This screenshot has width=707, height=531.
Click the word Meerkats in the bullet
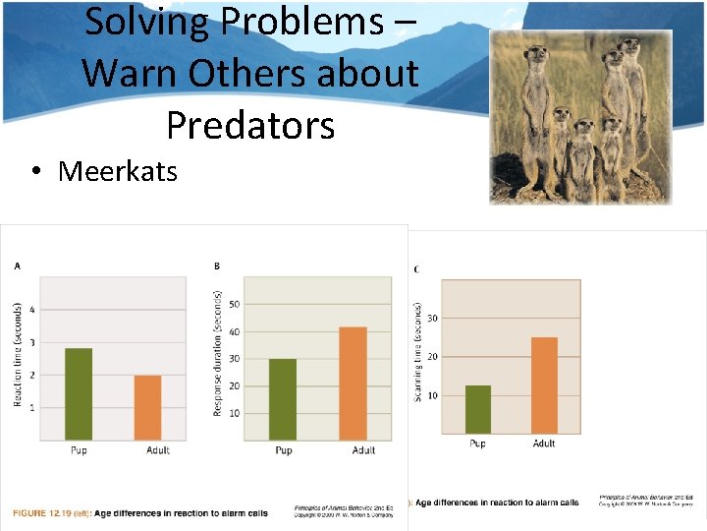click(x=117, y=171)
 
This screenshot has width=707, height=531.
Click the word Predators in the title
click(x=250, y=125)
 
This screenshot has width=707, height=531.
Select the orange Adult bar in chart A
click(x=147, y=408)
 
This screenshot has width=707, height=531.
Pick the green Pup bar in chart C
click(x=478, y=409)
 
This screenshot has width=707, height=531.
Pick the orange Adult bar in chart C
click(x=544, y=384)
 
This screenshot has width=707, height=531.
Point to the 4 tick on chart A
click(x=32, y=310)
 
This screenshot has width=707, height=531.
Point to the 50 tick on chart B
click(x=234, y=304)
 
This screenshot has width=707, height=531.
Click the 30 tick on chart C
click(x=432, y=318)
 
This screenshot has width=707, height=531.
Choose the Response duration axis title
click(x=217, y=353)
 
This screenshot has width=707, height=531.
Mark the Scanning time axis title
click(x=418, y=351)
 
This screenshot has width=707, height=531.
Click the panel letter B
click(x=216, y=265)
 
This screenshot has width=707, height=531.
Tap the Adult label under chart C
click(x=544, y=443)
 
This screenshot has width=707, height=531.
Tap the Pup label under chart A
click(x=79, y=450)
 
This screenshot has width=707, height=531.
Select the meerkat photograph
click(x=580, y=116)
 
